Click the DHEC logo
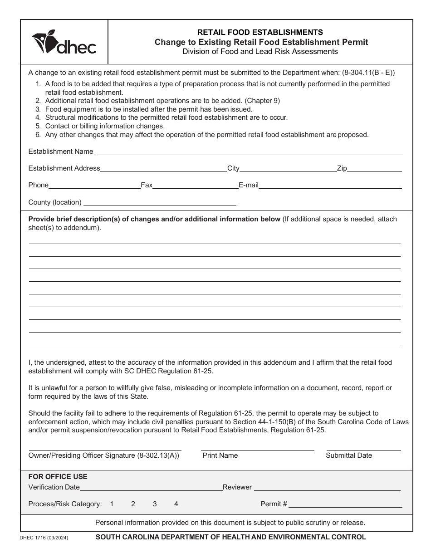click(64, 42)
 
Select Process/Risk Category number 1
click(112, 504)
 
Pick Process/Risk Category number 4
click(176, 504)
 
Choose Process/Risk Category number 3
click(155, 504)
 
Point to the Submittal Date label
click(348, 455)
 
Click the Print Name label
click(220, 455)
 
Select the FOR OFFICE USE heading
click(58, 477)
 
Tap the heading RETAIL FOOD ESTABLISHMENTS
click(260, 32)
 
